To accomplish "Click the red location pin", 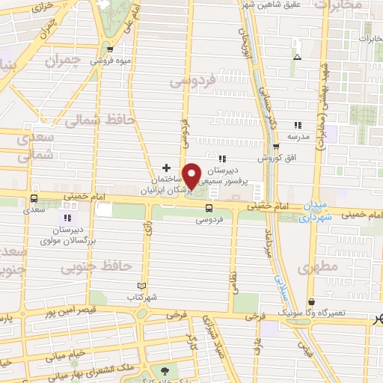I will [192, 176].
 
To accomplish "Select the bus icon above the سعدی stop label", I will [33, 199].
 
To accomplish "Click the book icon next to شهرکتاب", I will [142, 286].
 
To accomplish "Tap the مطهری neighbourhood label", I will [318, 266].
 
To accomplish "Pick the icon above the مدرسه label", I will [298, 125].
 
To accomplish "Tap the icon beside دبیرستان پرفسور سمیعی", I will [222, 159].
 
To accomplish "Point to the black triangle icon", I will [298, 57].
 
